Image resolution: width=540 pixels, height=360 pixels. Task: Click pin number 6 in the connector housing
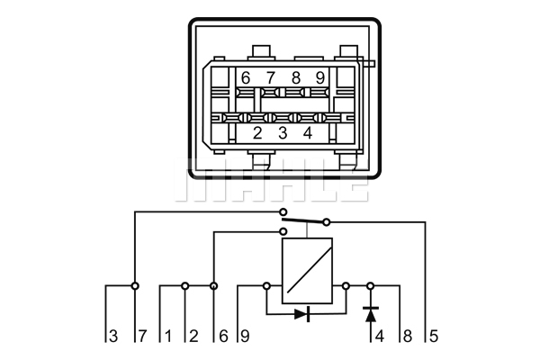(246, 78)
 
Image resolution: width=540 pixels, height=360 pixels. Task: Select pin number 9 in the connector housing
(319, 78)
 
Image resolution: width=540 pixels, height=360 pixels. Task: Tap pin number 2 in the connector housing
(257, 134)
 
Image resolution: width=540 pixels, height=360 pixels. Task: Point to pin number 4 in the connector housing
(308, 134)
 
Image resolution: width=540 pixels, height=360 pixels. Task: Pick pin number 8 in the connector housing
(295, 78)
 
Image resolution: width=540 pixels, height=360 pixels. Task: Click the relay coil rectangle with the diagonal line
(307, 271)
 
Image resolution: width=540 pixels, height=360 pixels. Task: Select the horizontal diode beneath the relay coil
(302, 314)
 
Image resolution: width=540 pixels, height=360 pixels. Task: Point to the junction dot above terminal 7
(135, 286)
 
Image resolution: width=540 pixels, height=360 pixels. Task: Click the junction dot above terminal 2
(185, 286)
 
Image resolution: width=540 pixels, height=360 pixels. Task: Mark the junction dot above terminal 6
(214, 286)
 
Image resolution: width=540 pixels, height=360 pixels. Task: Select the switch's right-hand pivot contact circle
(327, 221)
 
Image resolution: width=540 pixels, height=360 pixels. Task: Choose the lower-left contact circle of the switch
(280, 231)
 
